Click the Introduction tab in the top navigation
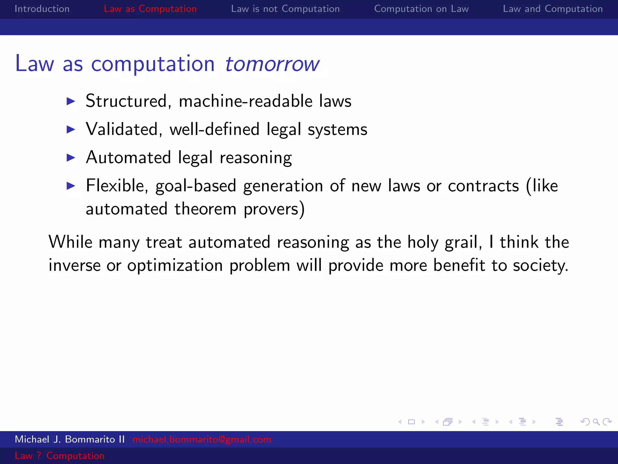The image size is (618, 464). tap(42, 9)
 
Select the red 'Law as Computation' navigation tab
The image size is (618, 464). tap(150, 9)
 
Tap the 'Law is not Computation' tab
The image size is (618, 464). tap(285, 9)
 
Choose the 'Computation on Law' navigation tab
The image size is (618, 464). tap(421, 9)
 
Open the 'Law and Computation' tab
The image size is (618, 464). tap(553, 9)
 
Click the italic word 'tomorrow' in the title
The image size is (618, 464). tap(272, 64)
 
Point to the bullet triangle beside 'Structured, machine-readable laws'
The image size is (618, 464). tap(71, 101)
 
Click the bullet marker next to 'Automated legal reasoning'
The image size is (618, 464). tap(71, 158)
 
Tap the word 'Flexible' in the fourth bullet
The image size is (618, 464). tap(117, 185)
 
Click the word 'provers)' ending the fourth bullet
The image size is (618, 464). tap(274, 209)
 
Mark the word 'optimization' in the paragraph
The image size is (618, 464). tap(175, 266)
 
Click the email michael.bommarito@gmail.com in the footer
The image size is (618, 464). tap(202, 439)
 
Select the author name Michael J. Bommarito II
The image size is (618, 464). tap(70, 439)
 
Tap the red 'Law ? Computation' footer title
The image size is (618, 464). tap(59, 456)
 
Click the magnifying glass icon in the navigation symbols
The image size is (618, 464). tap(596, 422)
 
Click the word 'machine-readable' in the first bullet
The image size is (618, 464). tap(246, 101)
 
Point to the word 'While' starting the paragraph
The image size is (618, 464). tap(70, 242)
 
